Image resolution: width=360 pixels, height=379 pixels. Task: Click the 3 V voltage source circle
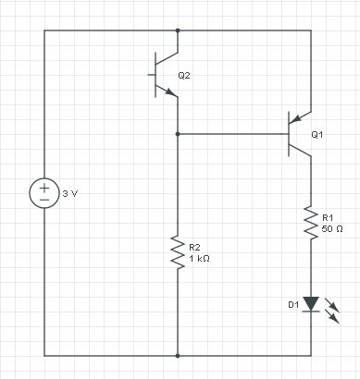point(43,193)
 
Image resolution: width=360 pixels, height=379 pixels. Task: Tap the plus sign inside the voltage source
point(43,187)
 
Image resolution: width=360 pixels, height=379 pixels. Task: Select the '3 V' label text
point(70,194)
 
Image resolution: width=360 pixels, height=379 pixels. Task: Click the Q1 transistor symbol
point(298,134)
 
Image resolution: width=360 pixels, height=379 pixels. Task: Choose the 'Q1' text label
point(317,134)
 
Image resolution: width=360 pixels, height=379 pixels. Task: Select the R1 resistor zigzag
point(311,223)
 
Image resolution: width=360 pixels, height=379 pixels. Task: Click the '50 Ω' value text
point(333,227)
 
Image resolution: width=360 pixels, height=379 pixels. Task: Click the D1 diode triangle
point(311,303)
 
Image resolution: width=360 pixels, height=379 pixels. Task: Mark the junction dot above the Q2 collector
point(177,31)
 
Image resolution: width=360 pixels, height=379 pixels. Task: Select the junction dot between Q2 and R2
point(177,134)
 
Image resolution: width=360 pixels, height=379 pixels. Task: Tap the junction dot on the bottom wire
point(177,355)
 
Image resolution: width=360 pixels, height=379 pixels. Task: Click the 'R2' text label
point(193,248)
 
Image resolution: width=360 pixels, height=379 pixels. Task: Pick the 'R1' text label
point(327,217)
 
